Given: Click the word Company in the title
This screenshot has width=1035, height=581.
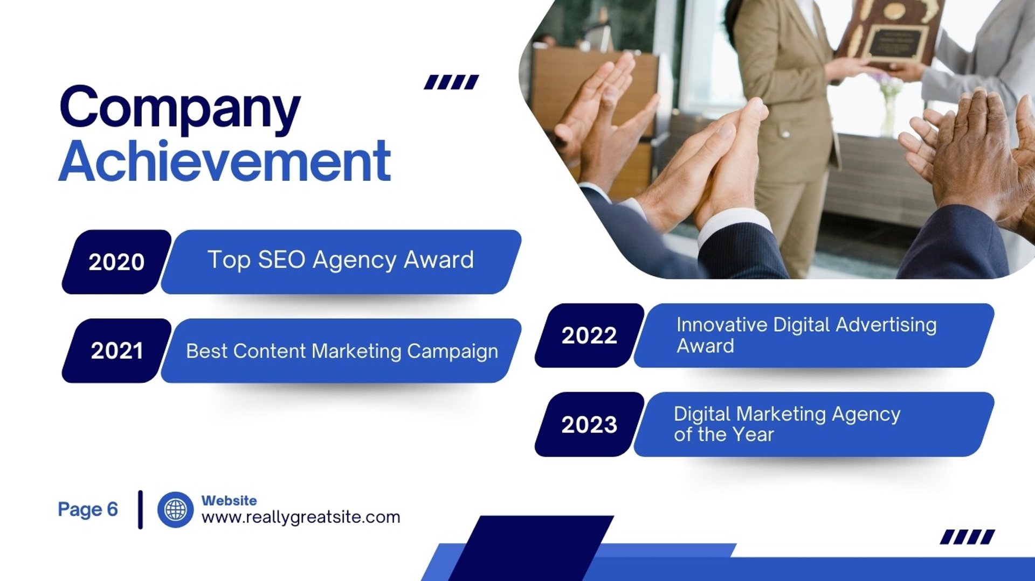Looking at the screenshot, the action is pos(180,109).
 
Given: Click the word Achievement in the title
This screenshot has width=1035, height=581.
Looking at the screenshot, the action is pos(224,161).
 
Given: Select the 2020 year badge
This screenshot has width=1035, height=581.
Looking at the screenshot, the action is pos(116,262).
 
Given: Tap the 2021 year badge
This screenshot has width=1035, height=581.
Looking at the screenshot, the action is pos(116,351).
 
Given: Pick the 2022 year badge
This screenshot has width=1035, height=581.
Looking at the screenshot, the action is pos(589,335).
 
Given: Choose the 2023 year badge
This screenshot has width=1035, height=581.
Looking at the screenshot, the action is pos(589,424).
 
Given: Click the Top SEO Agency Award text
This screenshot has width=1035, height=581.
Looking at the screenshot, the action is pos(341,261).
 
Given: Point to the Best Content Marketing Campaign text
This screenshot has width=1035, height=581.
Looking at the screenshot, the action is pos(342,352).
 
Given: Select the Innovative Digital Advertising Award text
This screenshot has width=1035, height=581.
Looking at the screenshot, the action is pos(806,335).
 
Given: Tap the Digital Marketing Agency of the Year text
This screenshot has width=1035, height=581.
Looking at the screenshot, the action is pos(787,424).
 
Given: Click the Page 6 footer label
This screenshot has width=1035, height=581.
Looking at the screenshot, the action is pos(88,509).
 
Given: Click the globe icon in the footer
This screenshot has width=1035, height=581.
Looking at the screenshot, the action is pos(175,509).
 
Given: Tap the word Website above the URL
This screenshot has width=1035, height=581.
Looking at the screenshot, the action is pos(229,500).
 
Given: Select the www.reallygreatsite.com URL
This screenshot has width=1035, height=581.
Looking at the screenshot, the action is pos(301,517).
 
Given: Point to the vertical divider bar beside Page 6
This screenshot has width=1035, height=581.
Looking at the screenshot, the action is pos(141,509).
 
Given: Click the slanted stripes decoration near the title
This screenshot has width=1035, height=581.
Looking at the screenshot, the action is pos(451,82).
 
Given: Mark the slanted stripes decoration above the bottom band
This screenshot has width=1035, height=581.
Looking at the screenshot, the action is pos(968,537).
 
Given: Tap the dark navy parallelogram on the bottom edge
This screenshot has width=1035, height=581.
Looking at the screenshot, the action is pos(531,548).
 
